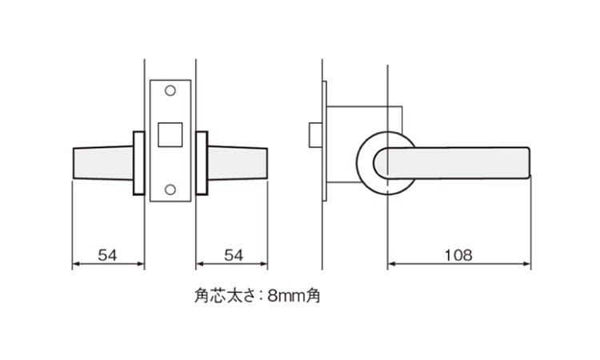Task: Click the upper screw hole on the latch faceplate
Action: (170, 90)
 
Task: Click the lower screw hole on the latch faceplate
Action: (170, 190)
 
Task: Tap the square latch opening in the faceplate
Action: (170, 134)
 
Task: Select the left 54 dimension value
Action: (107, 255)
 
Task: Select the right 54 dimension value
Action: (234, 255)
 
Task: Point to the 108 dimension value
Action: (458, 255)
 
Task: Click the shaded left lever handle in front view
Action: (103, 163)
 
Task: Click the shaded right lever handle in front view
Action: (238, 163)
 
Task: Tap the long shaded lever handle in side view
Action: (451, 163)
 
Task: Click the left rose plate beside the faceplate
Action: (139, 163)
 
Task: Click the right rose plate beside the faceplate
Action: (202, 163)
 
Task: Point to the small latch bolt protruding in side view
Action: (315, 134)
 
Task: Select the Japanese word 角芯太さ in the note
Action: (224, 296)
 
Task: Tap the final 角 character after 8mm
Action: (314, 296)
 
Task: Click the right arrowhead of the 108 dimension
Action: (527, 263)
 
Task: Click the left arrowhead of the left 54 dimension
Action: (76, 263)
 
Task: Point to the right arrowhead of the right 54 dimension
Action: (264, 263)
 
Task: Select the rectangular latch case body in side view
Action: (363, 144)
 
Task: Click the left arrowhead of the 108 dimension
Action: (391, 263)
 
